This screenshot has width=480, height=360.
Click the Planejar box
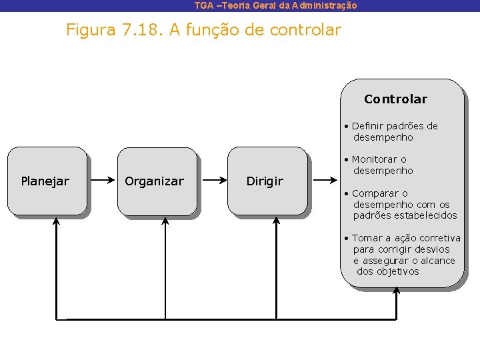[46, 181]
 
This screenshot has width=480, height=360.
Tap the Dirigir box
[266, 181]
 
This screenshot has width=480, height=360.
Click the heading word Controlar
[395, 99]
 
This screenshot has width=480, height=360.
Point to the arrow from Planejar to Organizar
[102, 180]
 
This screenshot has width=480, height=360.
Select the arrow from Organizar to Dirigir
[213, 180]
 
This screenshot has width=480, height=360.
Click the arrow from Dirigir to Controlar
[325, 180]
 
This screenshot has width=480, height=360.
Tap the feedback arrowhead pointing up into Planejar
[56, 221]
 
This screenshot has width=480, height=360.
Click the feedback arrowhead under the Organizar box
[165, 221]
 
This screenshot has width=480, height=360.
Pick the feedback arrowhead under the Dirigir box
[276, 221]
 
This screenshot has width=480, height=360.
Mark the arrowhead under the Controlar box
[397, 291]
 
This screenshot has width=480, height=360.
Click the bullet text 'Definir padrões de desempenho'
[393, 131]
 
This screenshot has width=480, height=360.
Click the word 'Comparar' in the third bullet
[376, 193]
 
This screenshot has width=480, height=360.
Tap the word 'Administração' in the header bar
[325, 5]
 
